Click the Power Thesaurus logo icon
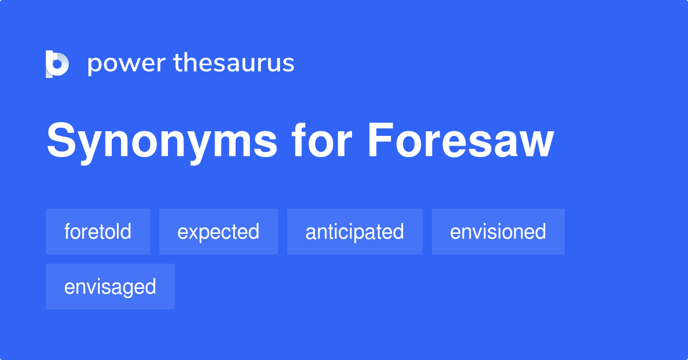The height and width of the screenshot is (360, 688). (57, 64)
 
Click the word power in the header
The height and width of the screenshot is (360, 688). (126, 64)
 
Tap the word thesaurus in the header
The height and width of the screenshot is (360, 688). (234, 64)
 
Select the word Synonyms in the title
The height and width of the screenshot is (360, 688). (162, 142)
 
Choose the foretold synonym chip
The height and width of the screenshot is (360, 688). (98, 232)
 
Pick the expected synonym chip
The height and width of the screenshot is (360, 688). (218, 232)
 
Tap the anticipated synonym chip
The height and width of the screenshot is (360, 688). (354, 232)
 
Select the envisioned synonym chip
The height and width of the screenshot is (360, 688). (498, 232)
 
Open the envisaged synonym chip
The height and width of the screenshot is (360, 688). (110, 287)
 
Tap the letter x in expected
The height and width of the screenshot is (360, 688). (193, 232)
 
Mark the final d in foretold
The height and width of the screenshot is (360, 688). (126, 231)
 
